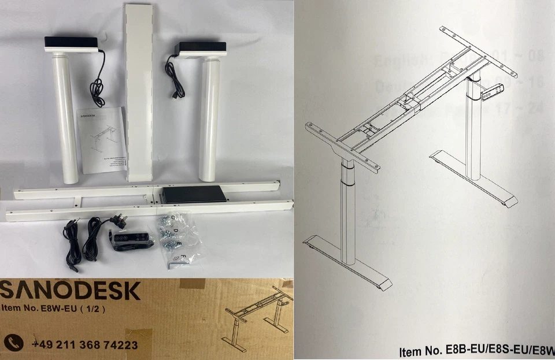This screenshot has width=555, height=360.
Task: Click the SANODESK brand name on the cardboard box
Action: point(71,291)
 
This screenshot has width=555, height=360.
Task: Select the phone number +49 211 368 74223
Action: point(84,345)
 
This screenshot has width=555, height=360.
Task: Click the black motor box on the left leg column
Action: point(71,43)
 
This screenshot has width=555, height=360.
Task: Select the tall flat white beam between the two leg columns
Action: point(139,92)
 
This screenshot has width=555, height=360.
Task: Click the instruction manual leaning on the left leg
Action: point(103,139)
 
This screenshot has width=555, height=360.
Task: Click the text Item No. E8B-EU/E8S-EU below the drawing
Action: point(474,350)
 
